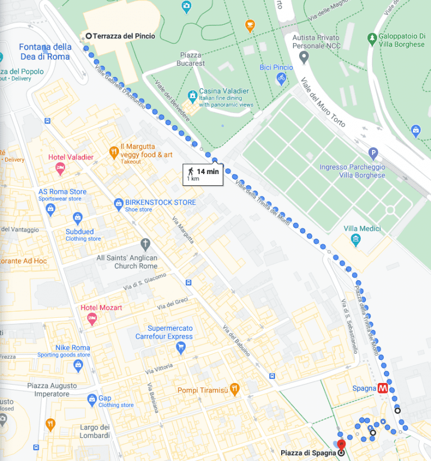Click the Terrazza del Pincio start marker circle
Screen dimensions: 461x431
tap(88, 36)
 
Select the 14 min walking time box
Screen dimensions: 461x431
tap(203, 174)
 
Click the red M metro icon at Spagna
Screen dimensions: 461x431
tap(384, 388)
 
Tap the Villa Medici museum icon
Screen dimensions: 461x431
tap(355, 240)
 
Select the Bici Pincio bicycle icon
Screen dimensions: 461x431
tap(281, 79)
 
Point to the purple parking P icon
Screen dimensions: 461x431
tap(373, 153)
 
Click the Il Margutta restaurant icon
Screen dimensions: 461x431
tap(113, 152)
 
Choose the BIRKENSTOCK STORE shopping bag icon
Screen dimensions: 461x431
tap(118, 203)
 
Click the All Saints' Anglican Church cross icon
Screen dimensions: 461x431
tap(145, 244)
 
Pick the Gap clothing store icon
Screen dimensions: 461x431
tap(91, 400)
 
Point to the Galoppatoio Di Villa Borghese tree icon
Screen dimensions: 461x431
tap(371, 38)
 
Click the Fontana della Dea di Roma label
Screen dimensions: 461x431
tap(45, 52)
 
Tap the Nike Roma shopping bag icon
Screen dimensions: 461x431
tap(78, 366)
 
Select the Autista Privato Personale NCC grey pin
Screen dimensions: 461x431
tap(304, 57)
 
